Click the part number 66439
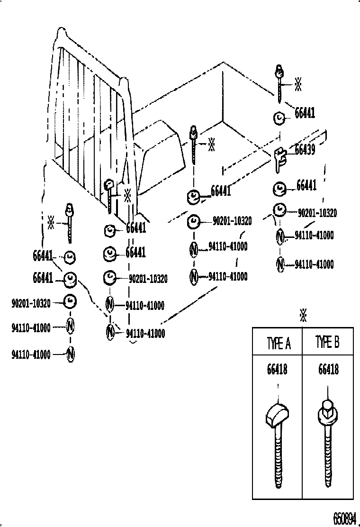click(306, 149)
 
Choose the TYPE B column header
click(327, 342)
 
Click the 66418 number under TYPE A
click(277, 369)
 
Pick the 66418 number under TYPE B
click(328, 369)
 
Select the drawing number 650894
click(344, 518)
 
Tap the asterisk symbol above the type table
click(303, 315)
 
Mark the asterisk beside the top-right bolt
click(298, 84)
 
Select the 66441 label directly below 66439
click(306, 185)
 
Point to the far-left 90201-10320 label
click(31, 303)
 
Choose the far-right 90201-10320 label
click(317, 213)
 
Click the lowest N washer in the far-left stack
click(70, 354)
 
